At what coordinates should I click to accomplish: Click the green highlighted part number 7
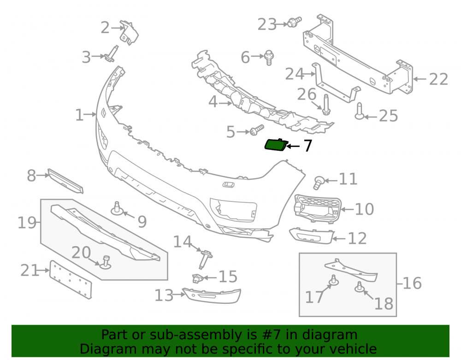[x=276, y=145]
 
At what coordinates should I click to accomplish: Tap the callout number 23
[x=267, y=24]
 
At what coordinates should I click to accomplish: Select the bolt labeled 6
[x=269, y=57]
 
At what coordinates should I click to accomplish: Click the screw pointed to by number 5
[x=257, y=130]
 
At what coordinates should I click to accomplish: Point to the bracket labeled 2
[x=129, y=33]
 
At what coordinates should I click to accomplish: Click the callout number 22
[x=438, y=79]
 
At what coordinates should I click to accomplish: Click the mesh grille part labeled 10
[x=318, y=208]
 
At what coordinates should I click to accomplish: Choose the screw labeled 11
[x=318, y=183]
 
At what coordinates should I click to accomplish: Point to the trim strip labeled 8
[x=65, y=181]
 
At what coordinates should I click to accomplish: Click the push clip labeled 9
[x=117, y=208]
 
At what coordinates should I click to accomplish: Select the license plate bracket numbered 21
[x=71, y=279]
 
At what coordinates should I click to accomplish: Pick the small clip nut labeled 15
[x=198, y=278]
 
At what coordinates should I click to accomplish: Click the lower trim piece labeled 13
[x=212, y=295]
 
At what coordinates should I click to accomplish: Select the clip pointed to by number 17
[x=333, y=280]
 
